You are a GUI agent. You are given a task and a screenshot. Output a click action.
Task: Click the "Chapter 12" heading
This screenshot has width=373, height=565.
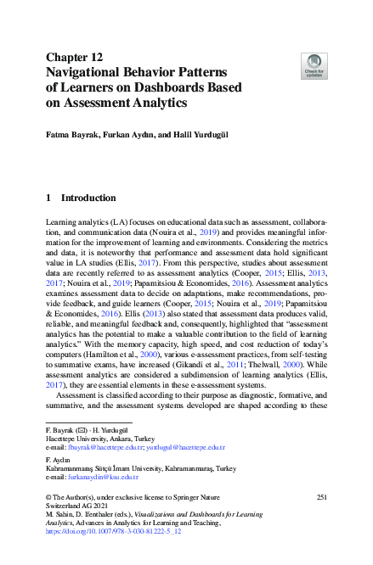click(74, 58)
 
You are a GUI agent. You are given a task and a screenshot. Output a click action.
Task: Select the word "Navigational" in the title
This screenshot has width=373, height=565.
click(90, 73)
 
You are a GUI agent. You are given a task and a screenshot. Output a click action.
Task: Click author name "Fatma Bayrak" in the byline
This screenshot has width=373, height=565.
click(71, 134)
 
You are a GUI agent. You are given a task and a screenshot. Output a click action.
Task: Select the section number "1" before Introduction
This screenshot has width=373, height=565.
click(48, 198)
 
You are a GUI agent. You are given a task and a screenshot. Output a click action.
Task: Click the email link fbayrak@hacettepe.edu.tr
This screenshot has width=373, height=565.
click(101, 446)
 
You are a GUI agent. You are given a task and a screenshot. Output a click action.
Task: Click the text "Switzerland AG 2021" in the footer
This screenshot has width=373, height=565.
click(79, 506)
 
